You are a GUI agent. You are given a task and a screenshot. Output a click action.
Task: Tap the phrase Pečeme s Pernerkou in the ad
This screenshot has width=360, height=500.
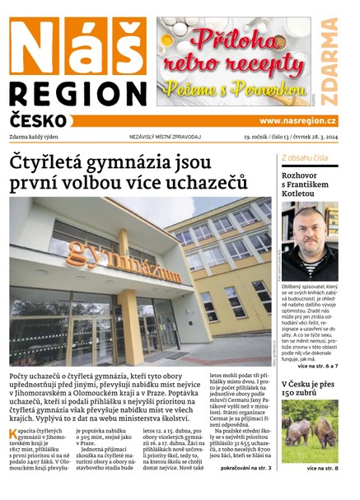point(234,88)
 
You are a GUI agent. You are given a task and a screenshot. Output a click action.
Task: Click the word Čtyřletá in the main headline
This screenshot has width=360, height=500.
point(52,162)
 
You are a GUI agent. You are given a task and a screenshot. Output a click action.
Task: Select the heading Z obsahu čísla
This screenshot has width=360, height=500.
point(305,157)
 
